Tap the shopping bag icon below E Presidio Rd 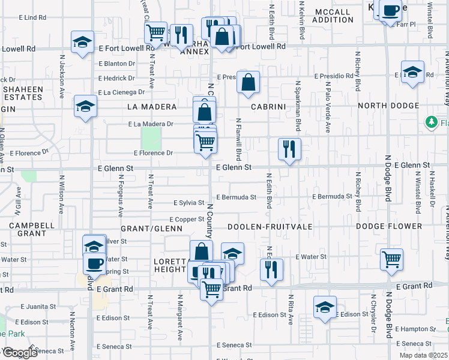click(248, 82)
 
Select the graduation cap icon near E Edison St click(325, 308)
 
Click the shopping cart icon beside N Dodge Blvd click(391, 259)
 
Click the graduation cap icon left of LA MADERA click(85, 107)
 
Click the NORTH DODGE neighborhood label click(388, 106)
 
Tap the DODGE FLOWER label click(389, 226)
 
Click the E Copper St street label click(187, 220)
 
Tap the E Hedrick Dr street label click(116, 78)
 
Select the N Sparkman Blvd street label click(298, 106)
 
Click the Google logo click(20, 352)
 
